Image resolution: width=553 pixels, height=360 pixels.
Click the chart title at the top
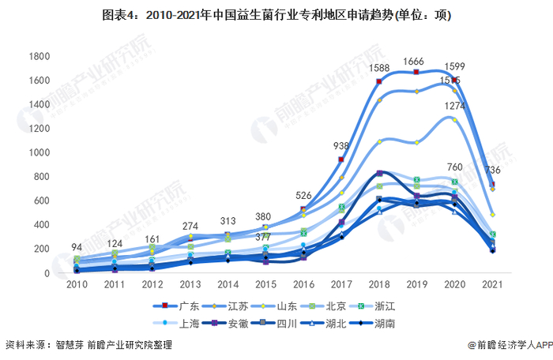(x=276, y=14)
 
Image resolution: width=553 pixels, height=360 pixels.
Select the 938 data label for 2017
(x=341, y=146)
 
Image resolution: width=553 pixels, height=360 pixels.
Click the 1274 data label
(x=454, y=106)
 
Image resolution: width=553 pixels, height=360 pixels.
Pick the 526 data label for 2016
(x=303, y=196)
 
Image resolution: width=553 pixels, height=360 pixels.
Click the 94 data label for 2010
(x=77, y=247)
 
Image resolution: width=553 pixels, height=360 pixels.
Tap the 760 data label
(x=454, y=167)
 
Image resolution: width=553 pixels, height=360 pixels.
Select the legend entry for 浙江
(x=395, y=306)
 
